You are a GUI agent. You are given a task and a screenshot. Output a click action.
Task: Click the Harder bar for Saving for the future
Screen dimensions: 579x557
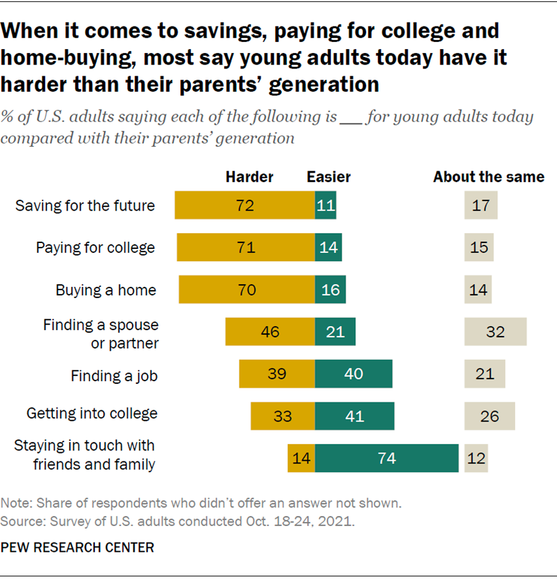[245, 205]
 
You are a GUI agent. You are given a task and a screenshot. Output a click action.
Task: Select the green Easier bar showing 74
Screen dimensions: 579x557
[387, 458]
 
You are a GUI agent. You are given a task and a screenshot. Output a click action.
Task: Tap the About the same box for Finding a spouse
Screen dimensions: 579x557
[495, 331]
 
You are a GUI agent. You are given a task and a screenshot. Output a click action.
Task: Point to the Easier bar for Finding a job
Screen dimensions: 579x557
[353, 374]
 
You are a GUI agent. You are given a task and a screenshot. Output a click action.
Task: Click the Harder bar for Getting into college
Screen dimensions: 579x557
[282, 416]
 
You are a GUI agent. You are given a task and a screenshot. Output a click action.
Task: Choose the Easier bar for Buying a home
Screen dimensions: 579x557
[330, 289]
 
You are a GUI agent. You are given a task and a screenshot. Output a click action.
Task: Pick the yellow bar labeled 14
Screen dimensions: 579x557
[301, 458]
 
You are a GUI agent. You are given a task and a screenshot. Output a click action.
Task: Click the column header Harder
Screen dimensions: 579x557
[249, 177]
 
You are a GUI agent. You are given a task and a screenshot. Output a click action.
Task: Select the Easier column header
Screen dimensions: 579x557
[328, 177]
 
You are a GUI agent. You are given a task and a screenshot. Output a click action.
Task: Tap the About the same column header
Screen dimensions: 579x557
[489, 177]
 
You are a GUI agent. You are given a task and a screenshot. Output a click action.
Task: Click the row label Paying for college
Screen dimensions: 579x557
[95, 248]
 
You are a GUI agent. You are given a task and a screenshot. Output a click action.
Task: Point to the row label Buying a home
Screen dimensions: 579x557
[106, 289]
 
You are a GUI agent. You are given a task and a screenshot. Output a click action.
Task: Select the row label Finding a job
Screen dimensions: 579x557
[114, 376]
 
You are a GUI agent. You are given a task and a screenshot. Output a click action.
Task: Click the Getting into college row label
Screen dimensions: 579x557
[92, 413]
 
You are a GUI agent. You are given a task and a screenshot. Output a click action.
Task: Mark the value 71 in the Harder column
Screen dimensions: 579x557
[245, 248]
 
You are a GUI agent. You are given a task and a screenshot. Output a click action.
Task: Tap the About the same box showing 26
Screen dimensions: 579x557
[489, 416]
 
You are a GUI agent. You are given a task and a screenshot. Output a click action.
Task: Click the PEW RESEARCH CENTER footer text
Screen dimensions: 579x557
[78, 548]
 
